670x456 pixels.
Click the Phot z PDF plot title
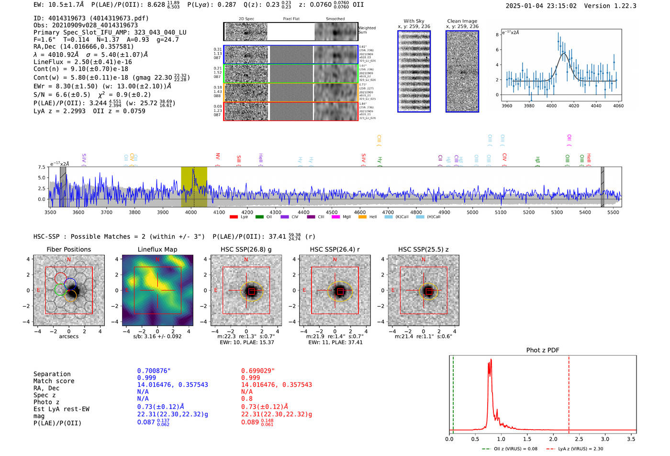pyautogui.click(x=543, y=350)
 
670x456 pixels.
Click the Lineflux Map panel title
pyautogui.click(x=157, y=249)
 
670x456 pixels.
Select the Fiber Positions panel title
pyautogui.click(x=68, y=249)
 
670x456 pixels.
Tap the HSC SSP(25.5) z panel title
pyautogui.click(x=423, y=249)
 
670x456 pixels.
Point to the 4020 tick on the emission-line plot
pyautogui.click(x=574, y=106)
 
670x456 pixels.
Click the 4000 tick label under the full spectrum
pyautogui.click(x=190, y=212)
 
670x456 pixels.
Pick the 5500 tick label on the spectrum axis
pyautogui.click(x=613, y=212)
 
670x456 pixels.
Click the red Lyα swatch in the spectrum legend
pyautogui.click(x=234, y=217)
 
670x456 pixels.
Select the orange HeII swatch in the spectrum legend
pyautogui.click(x=362, y=217)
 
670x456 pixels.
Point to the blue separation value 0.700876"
pyautogui.click(x=154, y=371)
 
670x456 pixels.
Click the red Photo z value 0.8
pyautogui.click(x=246, y=399)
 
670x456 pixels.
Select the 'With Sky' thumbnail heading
pyautogui.click(x=413, y=21)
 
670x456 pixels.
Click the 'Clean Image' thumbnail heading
pyautogui.click(x=462, y=21)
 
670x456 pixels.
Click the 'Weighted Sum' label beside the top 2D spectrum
pyautogui.click(x=367, y=30)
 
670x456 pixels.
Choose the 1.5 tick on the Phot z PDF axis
pyautogui.click(x=527, y=439)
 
